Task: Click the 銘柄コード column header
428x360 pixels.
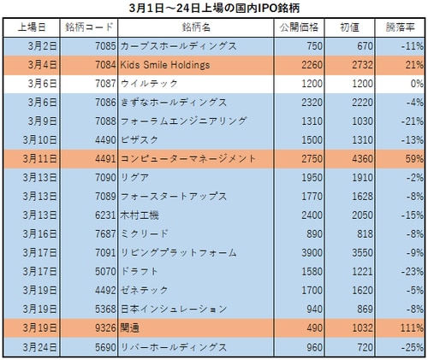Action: [x=87, y=27]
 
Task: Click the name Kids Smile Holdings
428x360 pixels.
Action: [x=165, y=64]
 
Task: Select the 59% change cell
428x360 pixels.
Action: [x=406, y=158]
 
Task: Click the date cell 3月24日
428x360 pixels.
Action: [x=33, y=347]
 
